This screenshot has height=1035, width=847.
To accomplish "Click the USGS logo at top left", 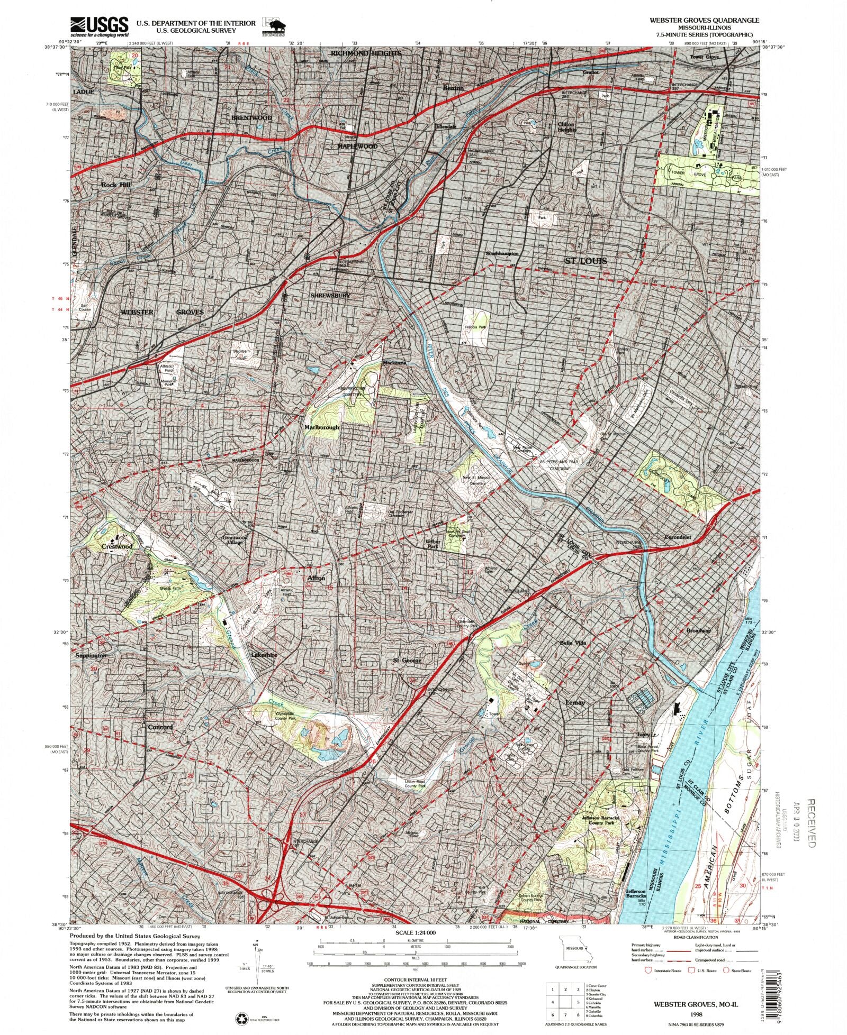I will click(99, 26).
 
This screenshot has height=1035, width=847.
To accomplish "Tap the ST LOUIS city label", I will click(585, 261).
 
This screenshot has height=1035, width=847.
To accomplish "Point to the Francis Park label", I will click(475, 327).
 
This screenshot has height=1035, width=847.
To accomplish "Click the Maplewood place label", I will click(357, 146).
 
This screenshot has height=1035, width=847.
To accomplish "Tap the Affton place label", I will click(316, 578).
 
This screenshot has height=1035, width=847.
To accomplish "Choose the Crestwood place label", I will click(116, 546).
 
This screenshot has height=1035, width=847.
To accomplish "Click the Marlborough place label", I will click(321, 427).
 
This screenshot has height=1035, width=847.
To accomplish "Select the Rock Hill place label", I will click(115, 185).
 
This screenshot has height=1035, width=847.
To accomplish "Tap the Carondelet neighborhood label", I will click(678, 537).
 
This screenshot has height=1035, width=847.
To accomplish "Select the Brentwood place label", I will click(251, 117).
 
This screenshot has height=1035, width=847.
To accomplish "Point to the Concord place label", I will click(160, 727).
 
